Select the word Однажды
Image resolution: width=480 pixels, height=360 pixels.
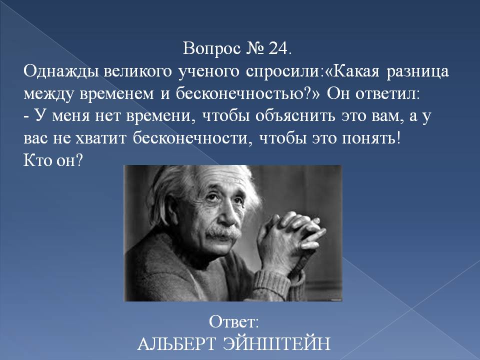coord(61,72)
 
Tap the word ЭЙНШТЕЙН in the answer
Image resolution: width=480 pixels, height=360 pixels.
coord(276,343)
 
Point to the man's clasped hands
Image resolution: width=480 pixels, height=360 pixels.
coord(289,237)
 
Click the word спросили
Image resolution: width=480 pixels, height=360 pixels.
coord(282,72)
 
